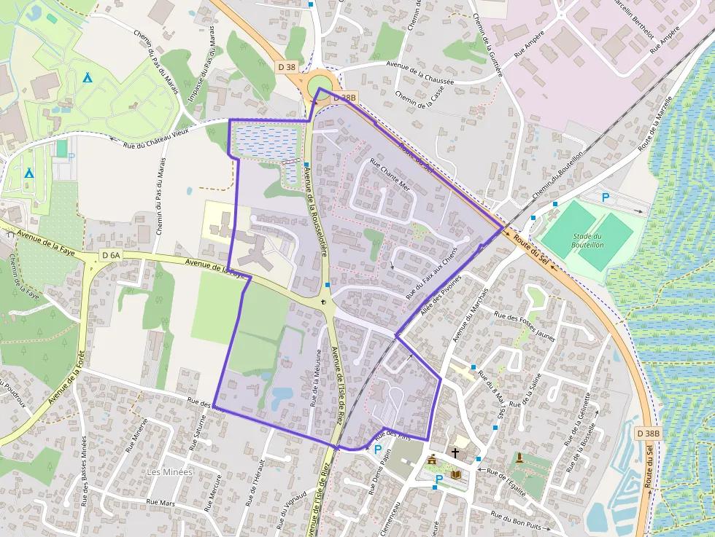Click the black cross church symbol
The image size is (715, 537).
[455, 452]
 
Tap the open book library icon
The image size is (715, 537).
[456, 474]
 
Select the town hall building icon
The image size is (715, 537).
[432, 460]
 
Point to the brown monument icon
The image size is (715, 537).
[519, 458]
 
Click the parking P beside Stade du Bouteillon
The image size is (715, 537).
[605, 197]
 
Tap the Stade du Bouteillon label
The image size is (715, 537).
[587, 240]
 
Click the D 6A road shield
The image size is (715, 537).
[111, 255]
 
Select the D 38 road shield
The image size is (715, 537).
[287, 67]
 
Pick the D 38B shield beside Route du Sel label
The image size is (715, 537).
[647, 434]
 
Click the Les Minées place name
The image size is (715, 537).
[170, 472]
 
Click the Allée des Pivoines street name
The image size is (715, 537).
[441, 299]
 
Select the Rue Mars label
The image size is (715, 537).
[161, 502]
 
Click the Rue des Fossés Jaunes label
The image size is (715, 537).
[525, 326]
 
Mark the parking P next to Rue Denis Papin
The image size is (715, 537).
[377, 450]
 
